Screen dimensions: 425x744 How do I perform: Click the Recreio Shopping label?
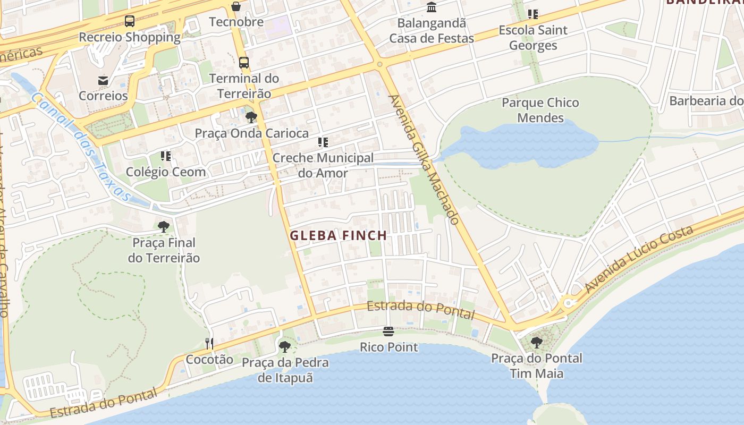(130, 37)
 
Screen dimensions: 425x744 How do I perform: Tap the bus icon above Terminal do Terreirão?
(244, 63)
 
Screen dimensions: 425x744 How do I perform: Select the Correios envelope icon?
(103, 81)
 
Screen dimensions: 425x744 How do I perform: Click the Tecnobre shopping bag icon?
(236, 7)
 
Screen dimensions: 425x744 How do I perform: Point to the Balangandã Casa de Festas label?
(432, 31)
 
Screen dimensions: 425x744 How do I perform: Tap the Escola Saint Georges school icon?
(533, 14)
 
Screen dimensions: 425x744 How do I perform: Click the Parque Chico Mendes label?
(540, 110)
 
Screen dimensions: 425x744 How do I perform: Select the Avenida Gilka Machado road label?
(424, 159)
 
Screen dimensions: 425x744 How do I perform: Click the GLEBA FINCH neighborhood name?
(338, 235)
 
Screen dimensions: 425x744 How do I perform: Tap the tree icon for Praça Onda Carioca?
(251, 117)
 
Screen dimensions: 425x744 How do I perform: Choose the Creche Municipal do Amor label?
(323, 165)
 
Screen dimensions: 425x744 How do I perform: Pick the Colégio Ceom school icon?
(166, 156)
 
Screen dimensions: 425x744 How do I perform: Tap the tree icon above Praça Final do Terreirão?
(164, 227)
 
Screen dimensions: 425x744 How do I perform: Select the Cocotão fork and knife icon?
(209, 344)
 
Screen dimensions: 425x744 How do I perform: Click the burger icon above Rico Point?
(389, 332)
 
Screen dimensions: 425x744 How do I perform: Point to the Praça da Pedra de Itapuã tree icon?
(285, 347)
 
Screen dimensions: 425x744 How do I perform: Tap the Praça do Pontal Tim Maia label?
(537, 365)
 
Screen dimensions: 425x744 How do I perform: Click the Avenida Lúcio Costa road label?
(639, 259)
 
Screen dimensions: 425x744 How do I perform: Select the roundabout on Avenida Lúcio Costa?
(569, 303)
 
